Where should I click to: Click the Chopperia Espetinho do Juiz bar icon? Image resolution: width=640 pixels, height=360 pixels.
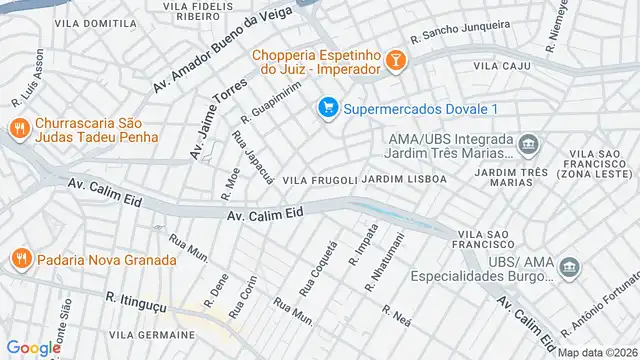pos(396,62)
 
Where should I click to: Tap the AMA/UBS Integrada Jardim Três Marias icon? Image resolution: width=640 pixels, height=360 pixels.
pos(529,147)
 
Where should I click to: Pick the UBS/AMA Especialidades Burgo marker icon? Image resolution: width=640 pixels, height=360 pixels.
pos(569,268)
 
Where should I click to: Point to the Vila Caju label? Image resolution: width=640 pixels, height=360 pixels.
pos(500,65)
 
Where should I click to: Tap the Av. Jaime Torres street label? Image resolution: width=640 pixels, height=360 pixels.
pos(219,117)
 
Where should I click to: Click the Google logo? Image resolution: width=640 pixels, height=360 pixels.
pos(32,347)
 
